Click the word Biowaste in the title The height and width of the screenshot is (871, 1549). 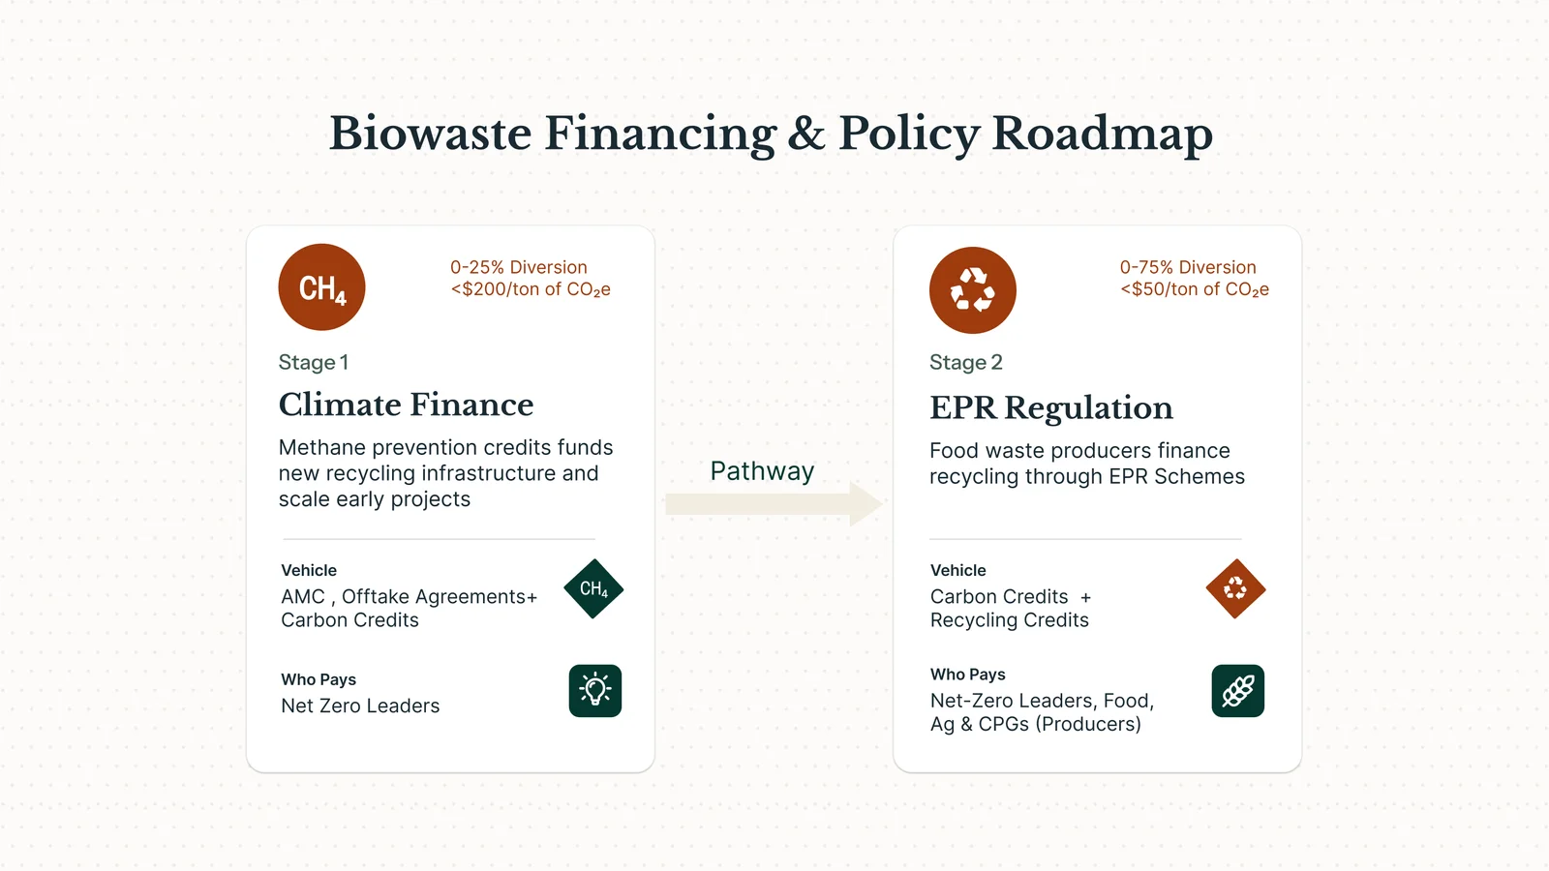pyautogui.click(x=430, y=134)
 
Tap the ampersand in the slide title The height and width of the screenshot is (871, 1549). pyautogui.click(x=806, y=134)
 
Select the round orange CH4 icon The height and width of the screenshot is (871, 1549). pyautogui.click(x=321, y=286)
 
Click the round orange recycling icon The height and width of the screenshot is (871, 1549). pyautogui.click(x=972, y=290)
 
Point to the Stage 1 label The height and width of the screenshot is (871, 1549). pyautogui.click(x=314, y=362)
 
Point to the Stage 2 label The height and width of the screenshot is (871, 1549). pyautogui.click(x=965, y=362)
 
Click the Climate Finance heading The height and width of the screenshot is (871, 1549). pyautogui.click(x=406, y=405)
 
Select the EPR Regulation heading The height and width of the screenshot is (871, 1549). pyautogui.click(x=1051, y=407)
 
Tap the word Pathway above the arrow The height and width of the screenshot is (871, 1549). pyautogui.click(x=762, y=470)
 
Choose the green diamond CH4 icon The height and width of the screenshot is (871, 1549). pyautogui.click(x=593, y=589)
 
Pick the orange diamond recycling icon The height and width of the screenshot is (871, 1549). pyautogui.click(x=1235, y=589)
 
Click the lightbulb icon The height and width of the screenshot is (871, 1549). pyautogui.click(x=595, y=691)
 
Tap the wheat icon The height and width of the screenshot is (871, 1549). pyautogui.click(x=1238, y=691)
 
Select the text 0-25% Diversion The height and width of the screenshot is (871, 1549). pyautogui.click(x=519, y=267)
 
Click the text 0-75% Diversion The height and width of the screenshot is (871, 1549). pyautogui.click(x=1188, y=267)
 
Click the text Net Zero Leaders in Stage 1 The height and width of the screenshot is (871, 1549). pyautogui.click(x=360, y=706)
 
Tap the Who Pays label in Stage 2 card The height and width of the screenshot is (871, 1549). pyautogui.click(x=967, y=675)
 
